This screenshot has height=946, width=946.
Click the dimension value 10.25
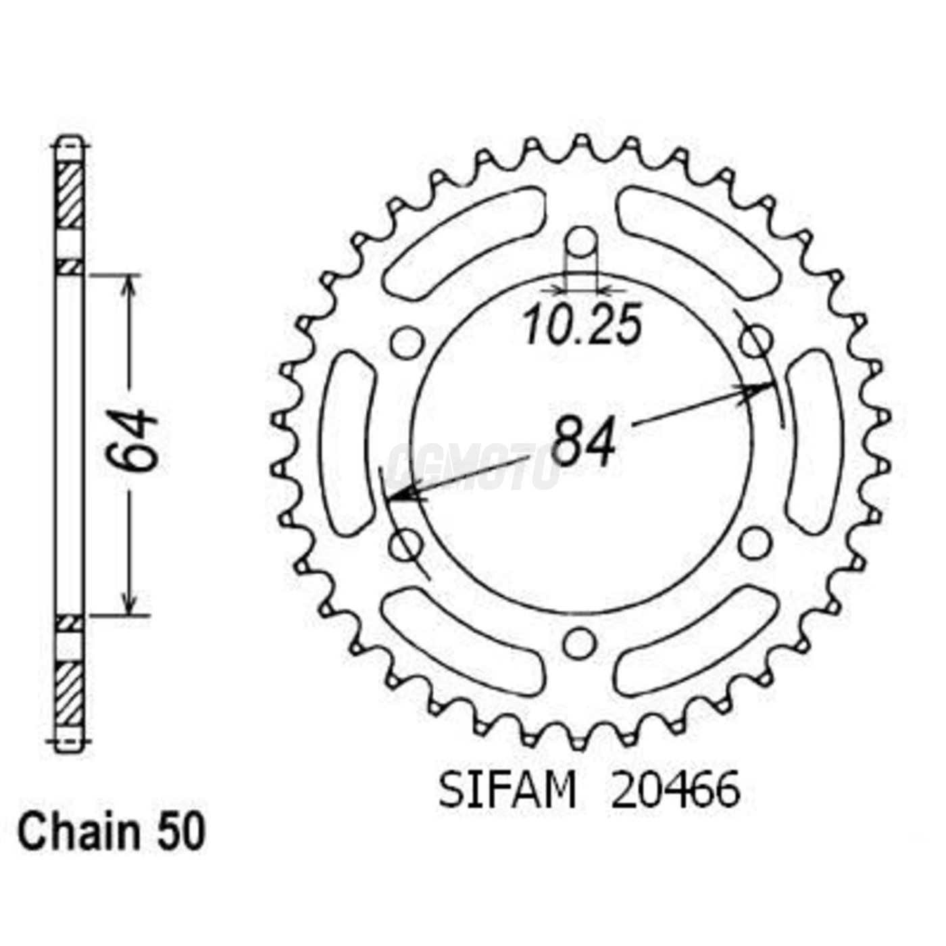(582, 326)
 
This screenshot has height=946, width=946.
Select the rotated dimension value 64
(133, 439)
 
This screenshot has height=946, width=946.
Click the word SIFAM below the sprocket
(507, 791)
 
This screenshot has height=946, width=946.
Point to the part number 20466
(675, 791)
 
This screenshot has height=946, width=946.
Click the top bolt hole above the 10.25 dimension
(581, 241)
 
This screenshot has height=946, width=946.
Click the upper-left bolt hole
(407, 342)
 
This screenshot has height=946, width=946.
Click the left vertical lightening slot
(348, 443)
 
